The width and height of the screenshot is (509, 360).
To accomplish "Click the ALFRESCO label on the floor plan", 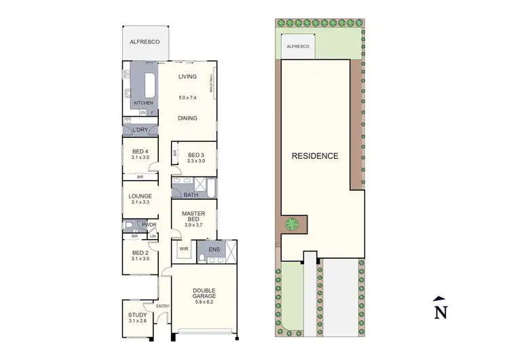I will (x=145, y=42).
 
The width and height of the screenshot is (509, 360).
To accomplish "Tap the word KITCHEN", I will (x=143, y=103).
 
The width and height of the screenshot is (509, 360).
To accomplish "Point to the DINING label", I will (x=187, y=118).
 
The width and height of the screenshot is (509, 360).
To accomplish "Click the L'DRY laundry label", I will (x=140, y=130).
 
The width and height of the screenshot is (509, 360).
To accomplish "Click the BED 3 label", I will (x=196, y=154).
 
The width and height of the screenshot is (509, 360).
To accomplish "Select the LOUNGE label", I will (x=140, y=196).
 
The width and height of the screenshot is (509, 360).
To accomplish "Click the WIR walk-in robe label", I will (x=183, y=249).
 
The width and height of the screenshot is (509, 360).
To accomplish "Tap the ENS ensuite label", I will (x=214, y=249).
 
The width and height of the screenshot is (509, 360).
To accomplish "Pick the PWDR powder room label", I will (x=149, y=225).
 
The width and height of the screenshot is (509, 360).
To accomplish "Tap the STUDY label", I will (x=138, y=314).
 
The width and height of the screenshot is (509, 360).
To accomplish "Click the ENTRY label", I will (x=162, y=306).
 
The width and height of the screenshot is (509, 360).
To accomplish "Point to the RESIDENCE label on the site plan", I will (x=314, y=156).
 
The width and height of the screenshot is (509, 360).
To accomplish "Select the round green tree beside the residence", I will (x=293, y=223).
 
